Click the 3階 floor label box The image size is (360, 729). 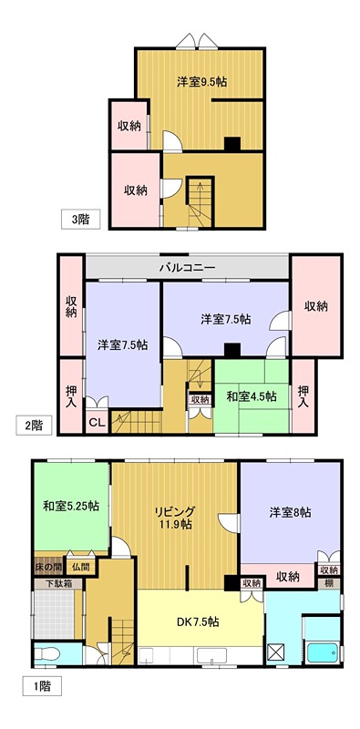tap(81, 219)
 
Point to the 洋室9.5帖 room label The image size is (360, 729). tap(201, 81)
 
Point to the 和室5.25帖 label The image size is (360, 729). tap(70, 506)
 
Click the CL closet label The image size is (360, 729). tap(96, 422)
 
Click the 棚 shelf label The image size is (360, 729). tap(332, 582)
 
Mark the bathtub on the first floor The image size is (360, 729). tap(324, 652)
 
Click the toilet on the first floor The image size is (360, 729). tap(49, 654)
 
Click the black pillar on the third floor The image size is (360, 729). tap(231, 143)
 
